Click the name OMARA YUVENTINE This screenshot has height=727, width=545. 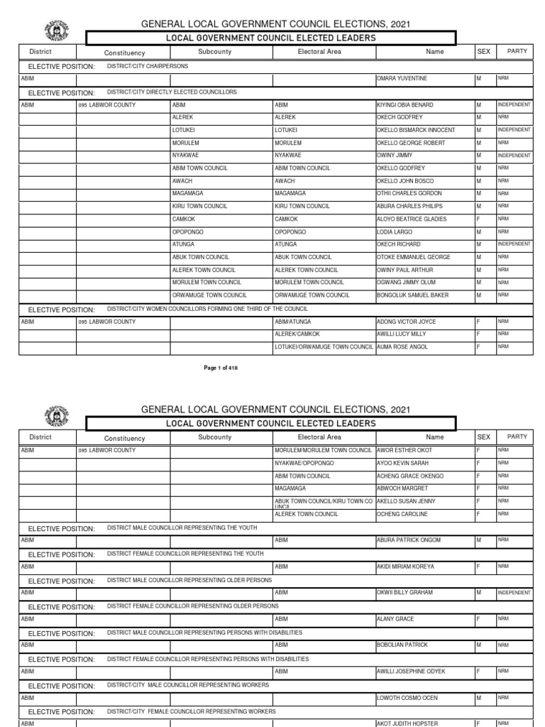[402, 78]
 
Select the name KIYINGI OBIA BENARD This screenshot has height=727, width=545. [404, 104]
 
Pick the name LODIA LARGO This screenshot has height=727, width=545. [394, 231]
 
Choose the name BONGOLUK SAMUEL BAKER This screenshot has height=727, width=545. [412, 295]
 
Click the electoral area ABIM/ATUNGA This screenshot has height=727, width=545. [294, 322]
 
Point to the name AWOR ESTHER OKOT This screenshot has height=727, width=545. [404, 450]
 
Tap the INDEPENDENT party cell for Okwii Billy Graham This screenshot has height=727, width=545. [513, 592]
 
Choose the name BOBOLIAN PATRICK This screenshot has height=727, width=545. [402, 645]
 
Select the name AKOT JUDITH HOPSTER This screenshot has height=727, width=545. [407, 723]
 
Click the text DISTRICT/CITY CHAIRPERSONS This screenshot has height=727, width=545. [148, 66]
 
